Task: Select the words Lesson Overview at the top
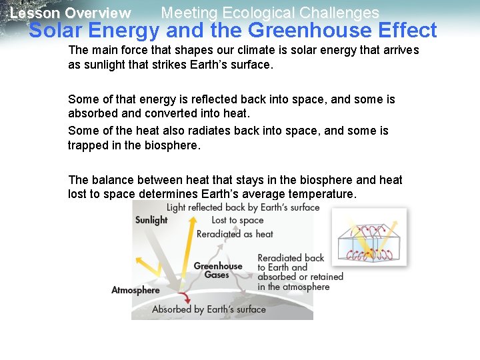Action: point(71,13)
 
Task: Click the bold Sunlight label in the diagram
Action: point(151,220)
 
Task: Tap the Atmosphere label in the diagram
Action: point(135,290)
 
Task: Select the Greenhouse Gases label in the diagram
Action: point(217,270)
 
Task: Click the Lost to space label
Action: point(237,221)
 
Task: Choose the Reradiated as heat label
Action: point(235,234)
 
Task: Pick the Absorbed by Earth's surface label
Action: point(209,309)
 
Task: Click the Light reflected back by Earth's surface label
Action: point(243,207)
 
